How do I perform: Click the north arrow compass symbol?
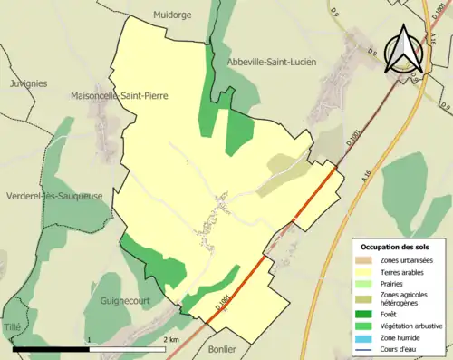pyautogui.click(x=402, y=50)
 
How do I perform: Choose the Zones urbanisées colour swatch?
pyautogui.click(x=367, y=259)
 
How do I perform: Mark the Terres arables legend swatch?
pyautogui.click(x=367, y=270)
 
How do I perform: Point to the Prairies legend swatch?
pyautogui.click(x=367, y=281)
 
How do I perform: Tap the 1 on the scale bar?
pyautogui.click(x=90, y=339)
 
